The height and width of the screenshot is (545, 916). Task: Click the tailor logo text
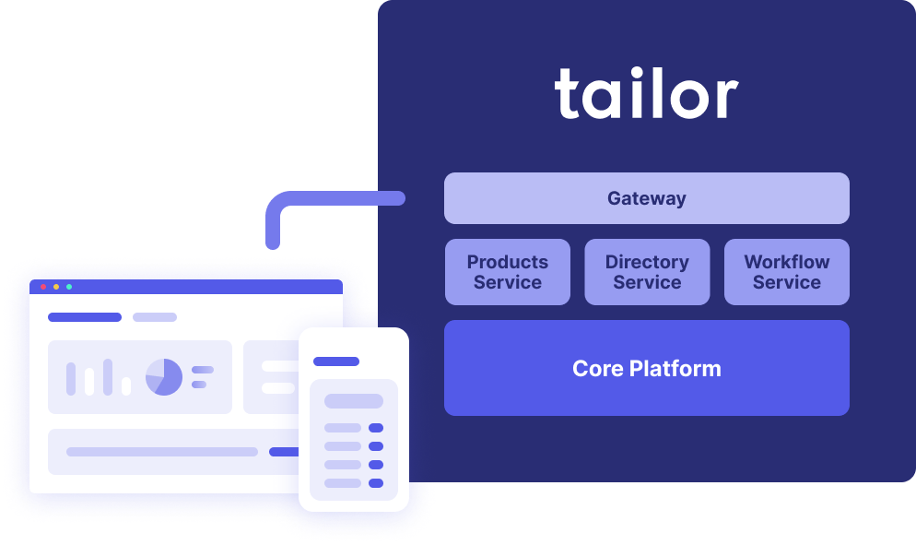point(646,95)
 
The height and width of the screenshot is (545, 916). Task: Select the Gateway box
point(646,198)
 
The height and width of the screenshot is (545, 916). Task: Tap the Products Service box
point(507,272)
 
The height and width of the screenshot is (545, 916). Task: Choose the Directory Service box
point(647,272)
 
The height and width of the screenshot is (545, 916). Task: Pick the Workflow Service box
point(786,272)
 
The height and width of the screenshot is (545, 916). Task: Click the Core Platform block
point(646,368)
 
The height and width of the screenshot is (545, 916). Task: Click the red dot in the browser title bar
point(43,287)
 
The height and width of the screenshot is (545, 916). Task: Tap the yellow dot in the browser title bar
point(56,287)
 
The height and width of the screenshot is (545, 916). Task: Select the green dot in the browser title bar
point(69,287)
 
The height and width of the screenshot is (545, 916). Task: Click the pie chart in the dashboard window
point(164,377)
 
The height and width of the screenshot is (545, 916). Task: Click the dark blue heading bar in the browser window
point(84,317)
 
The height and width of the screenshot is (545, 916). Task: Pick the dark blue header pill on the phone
point(335,361)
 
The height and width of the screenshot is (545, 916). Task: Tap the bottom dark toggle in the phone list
point(375,483)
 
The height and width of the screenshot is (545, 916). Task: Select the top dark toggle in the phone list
point(375,428)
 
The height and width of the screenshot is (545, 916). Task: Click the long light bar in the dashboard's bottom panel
point(161,452)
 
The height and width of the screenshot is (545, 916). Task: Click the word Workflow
point(786,262)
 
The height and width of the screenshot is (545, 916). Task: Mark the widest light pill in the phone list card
point(353,401)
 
